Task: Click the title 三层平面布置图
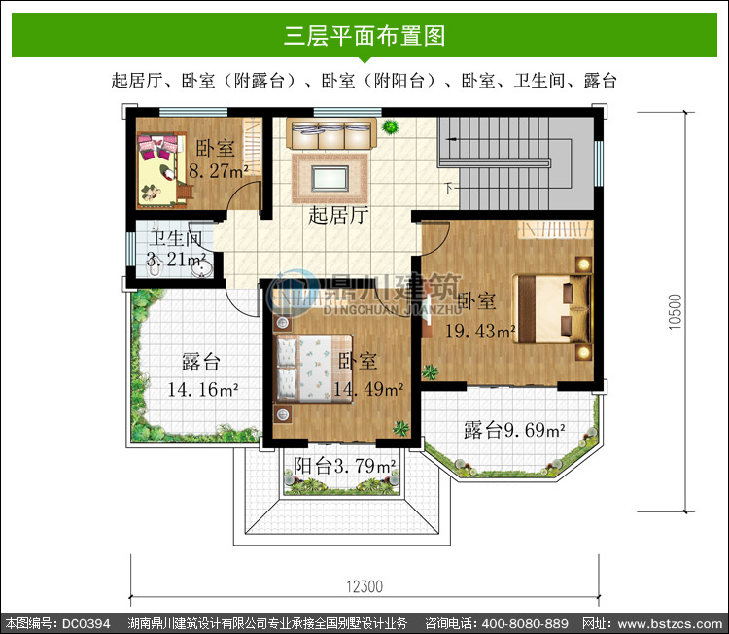tap(364, 35)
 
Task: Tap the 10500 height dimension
tap(676, 312)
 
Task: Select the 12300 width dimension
tap(364, 586)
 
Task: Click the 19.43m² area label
tap(480, 332)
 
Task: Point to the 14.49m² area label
tap(368, 389)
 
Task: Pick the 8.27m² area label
tap(218, 171)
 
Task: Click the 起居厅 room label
tap(338, 215)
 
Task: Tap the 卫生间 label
tap(176, 239)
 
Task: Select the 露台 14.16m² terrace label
tap(202, 375)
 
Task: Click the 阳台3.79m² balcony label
tap(344, 466)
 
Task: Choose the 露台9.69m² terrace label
tap(514, 430)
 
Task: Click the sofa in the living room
tap(331, 134)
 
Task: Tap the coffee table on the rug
tap(330, 179)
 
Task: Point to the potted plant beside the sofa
tap(390, 126)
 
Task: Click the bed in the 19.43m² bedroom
tap(552, 308)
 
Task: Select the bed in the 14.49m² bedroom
tap(313, 369)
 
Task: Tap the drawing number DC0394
tap(87, 623)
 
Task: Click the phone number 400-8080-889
tap(525, 623)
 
